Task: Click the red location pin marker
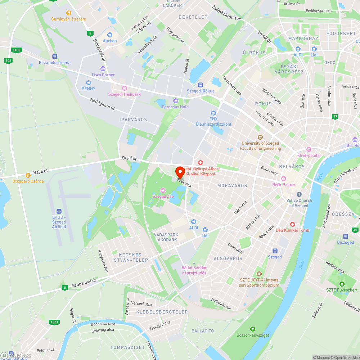180,172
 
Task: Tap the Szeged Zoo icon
163,190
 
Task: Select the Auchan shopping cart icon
110,35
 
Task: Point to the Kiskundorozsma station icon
55,57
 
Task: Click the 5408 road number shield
16,50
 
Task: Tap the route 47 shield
335,117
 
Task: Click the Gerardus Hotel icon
176,101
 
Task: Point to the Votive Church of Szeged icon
299,194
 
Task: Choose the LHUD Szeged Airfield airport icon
59,211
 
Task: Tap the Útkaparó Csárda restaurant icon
28,175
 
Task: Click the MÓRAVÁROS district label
232,185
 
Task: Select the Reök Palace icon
284,179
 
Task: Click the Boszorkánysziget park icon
253,329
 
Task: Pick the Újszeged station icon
345,237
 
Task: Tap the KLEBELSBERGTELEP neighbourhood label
162,311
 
